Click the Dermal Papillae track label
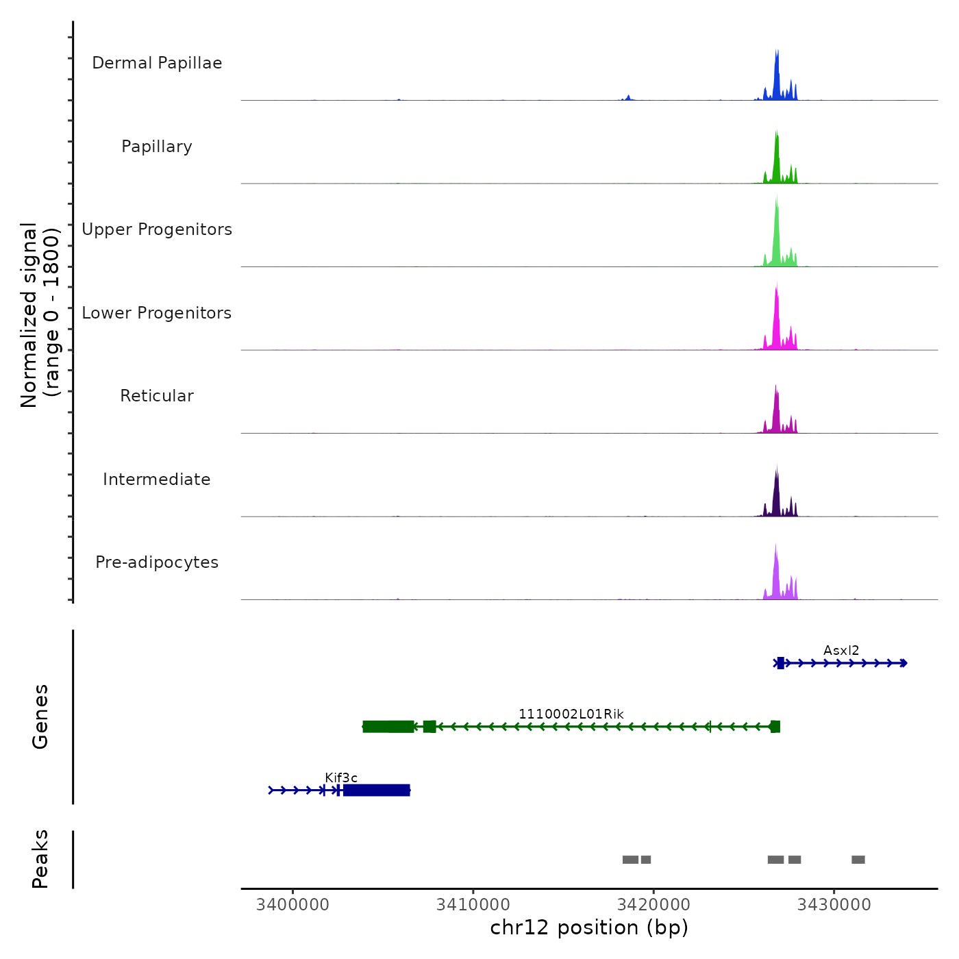[157, 63]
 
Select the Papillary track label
[157, 147]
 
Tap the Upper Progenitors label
[157, 229]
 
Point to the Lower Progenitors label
[157, 313]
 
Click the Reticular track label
[157, 396]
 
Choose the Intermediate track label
[157, 480]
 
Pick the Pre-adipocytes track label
[157, 562]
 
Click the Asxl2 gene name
[841, 650]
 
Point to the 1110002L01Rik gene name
[571, 714]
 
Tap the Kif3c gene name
[341, 777]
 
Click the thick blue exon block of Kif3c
[376, 790]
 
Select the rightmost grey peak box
[858, 860]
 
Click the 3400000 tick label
[292, 904]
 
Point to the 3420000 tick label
[653, 904]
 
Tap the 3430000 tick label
[834, 904]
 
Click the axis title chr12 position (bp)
[589, 927]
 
